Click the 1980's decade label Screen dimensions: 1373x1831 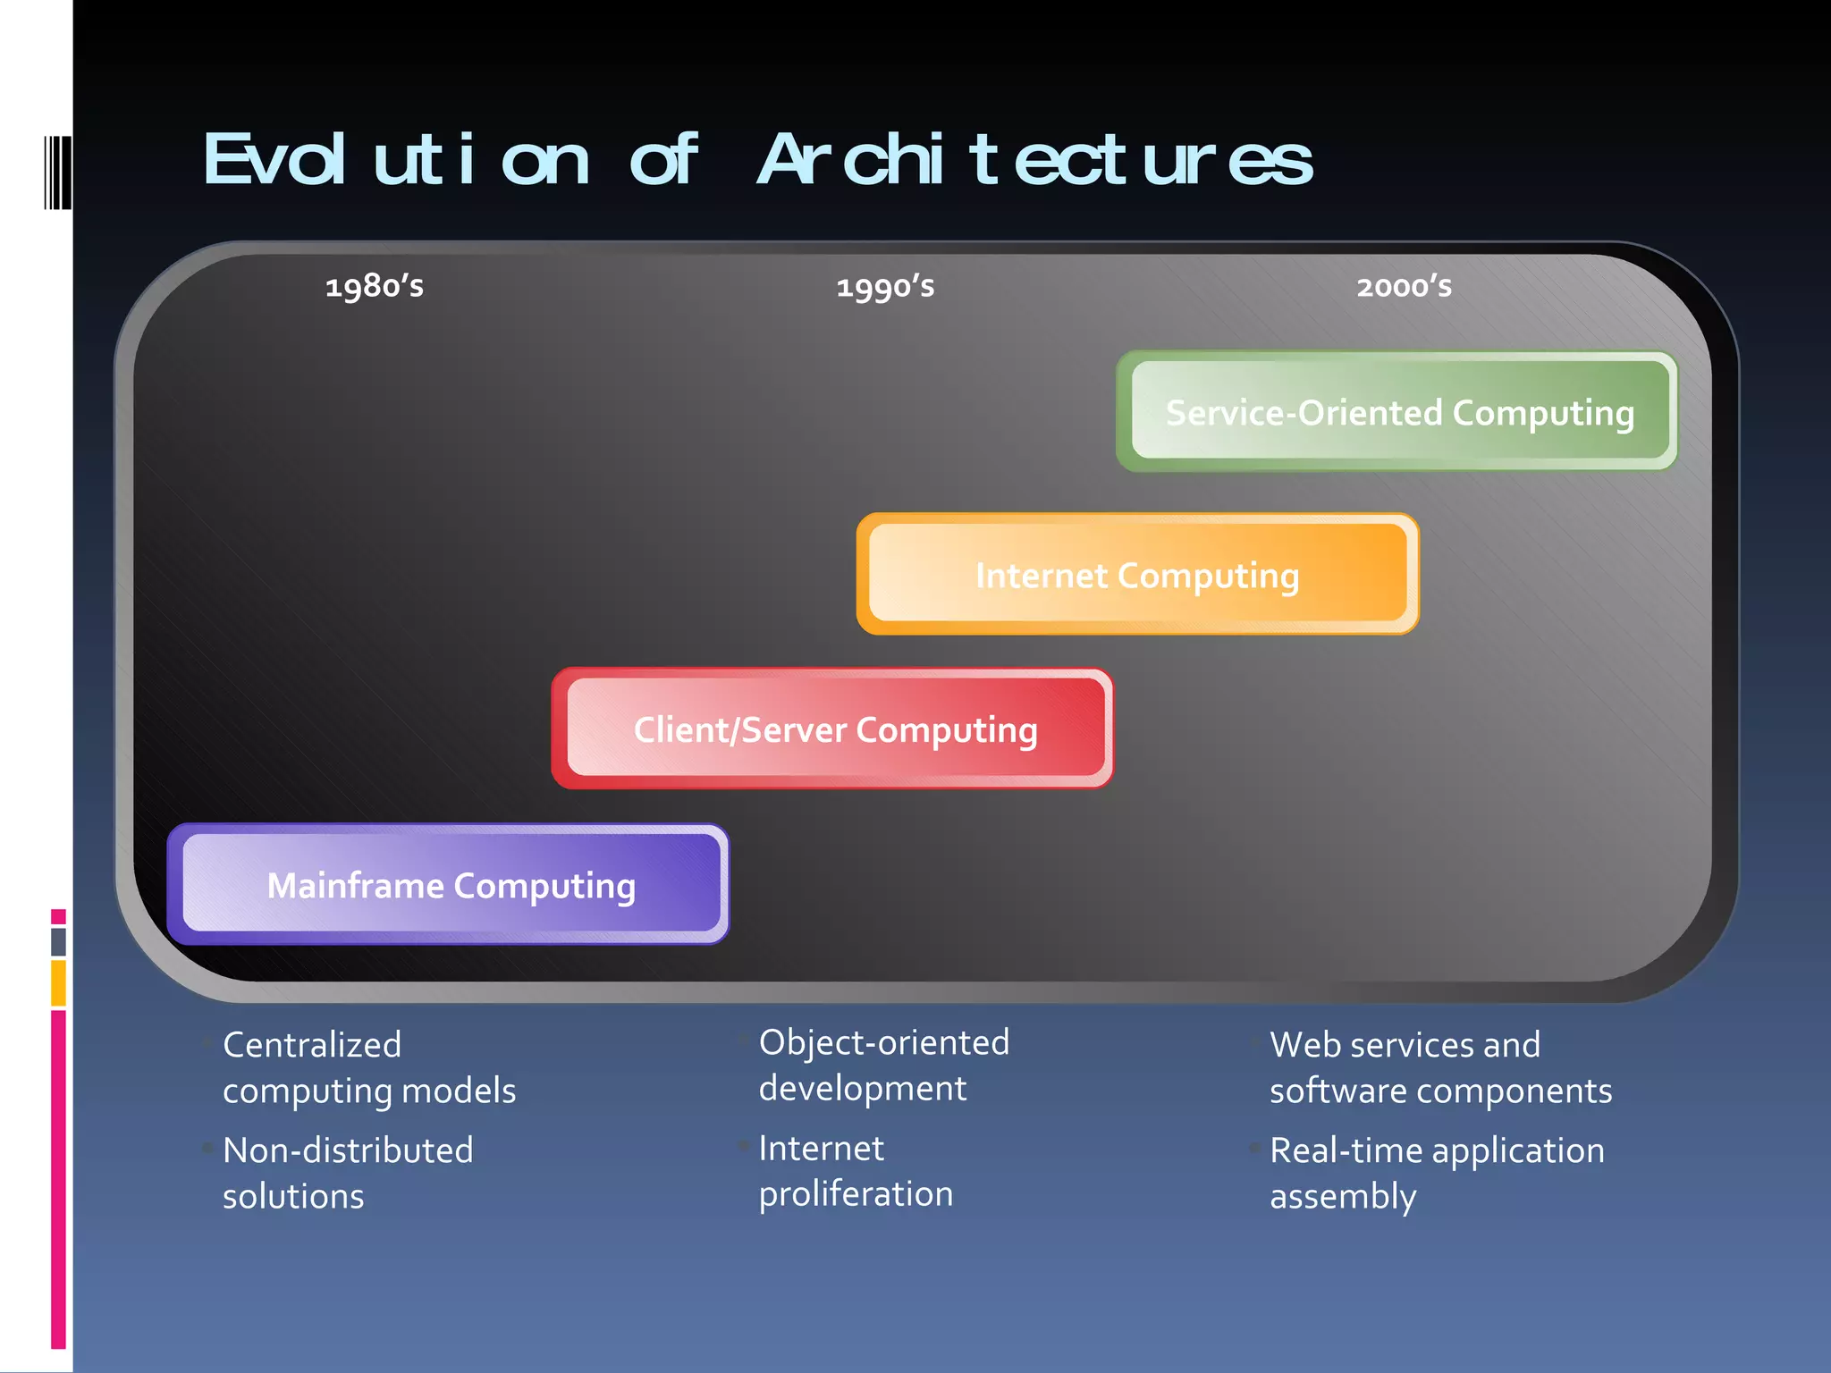click(375, 287)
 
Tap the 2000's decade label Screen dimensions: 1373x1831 click(1404, 287)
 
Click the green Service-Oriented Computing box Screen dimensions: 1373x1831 click(1398, 412)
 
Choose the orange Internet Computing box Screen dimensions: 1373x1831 click(1137, 575)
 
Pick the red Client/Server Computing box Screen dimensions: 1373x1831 click(833, 729)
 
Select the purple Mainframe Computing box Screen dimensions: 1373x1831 click(450, 885)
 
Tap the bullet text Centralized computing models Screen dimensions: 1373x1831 click(368, 1067)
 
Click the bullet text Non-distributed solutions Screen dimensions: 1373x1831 click(348, 1173)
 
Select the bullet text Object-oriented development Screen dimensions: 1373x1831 click(883, 1065)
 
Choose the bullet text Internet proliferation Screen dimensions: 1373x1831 click(855, 1170)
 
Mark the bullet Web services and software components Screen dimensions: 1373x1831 click(1439, 1067)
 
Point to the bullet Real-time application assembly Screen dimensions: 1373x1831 click(1436, 1173)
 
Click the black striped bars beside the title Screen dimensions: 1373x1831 click(57, 173)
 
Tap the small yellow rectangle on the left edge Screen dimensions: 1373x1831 click(58, 982)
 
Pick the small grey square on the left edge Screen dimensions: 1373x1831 click(58, 941)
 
